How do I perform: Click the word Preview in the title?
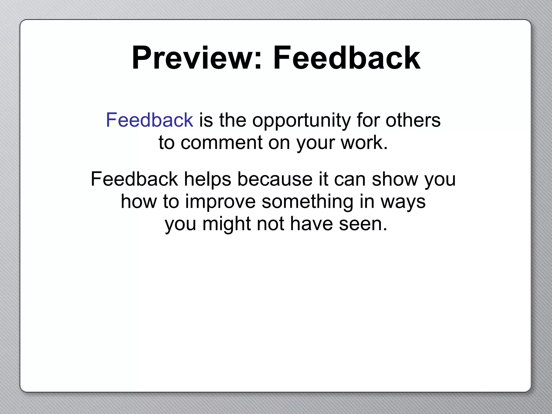click(x=192, y=58)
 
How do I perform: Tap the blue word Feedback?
click(x=150, y=120)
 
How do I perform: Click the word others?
click(x=413, y=120)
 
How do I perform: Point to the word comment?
click(x=221, y=143)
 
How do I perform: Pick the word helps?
click(x=207, y=179)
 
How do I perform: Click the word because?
click(x=275, y=179)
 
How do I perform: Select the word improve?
click(x=220, y=202)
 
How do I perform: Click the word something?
click(x=307, y=202)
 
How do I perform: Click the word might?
click(x=226, y=224)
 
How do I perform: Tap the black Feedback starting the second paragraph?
click(x=134, y=179)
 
